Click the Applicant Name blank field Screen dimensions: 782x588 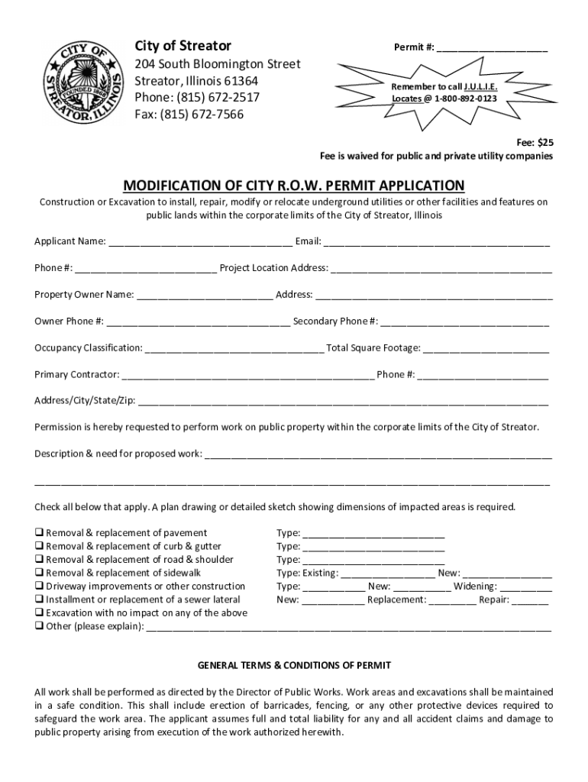click(200, 242)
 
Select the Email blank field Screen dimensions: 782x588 click(436, 242)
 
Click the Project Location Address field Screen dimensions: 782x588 click(441, 268)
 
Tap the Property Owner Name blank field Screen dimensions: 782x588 click(205, 295)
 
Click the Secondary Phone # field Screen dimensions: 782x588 click(464, 322)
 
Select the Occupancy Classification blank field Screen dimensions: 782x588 click(234, 348)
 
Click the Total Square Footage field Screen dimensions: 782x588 click(486, 348)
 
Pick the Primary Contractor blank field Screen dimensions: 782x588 click(247, 375)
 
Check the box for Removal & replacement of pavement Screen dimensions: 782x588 click(39, 533)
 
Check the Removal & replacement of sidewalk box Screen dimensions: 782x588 click(39, 573)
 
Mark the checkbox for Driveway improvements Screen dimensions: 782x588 click(39, 586)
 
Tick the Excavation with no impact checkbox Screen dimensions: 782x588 click(39, 612)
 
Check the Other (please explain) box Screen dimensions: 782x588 click(39, 626)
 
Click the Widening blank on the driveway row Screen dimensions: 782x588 click(526, 586)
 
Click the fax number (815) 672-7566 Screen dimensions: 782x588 click(189, 115)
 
